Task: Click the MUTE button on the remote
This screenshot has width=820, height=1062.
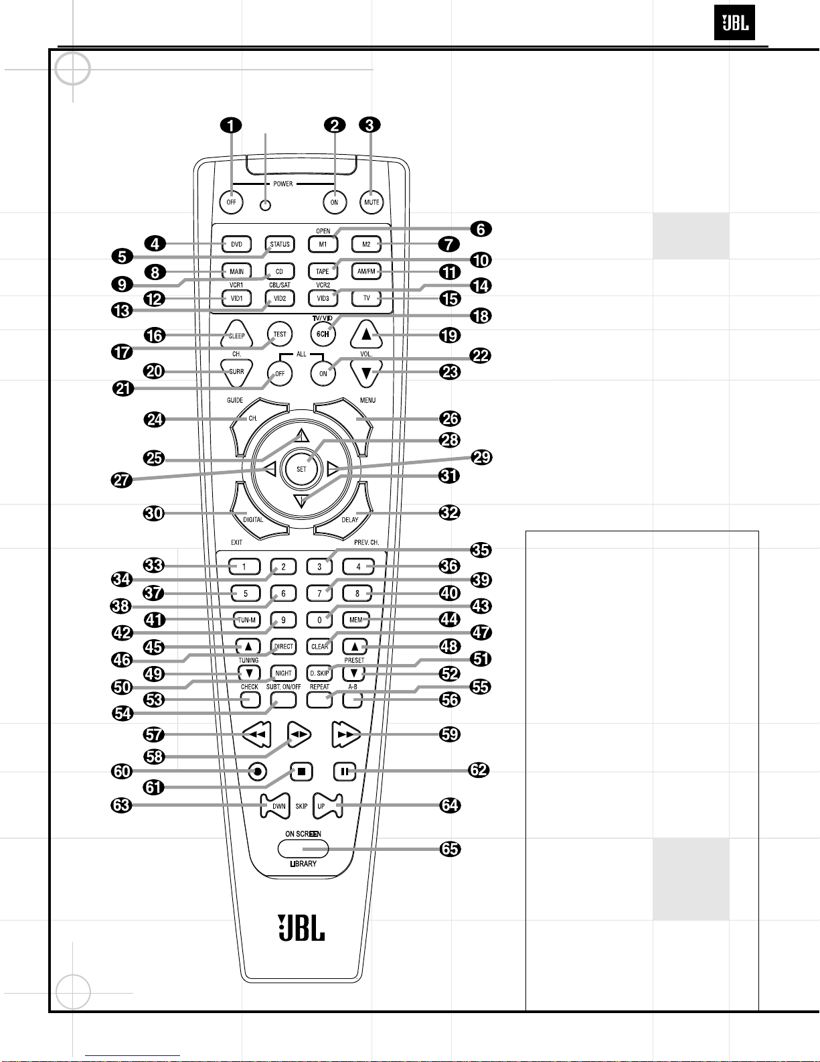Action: [372, 202]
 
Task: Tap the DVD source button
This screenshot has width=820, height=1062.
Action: [237, 244]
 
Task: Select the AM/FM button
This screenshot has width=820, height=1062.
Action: [366, 271]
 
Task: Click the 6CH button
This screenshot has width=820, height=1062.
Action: [323, 334]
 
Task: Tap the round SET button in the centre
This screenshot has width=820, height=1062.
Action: [302, 469]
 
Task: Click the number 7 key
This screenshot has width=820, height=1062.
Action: [319, 593]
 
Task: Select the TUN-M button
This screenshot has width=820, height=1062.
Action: [246, 620]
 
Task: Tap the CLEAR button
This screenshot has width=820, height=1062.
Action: [319, 646]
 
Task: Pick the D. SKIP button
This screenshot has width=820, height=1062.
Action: [319, 673]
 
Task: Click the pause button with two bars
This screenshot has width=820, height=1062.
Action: [345, 772]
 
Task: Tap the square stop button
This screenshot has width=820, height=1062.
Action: [302, 772]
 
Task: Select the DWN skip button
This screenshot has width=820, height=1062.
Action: [276, 806]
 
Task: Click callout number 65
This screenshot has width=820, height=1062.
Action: [450, 849]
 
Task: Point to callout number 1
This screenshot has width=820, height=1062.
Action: [231, 125]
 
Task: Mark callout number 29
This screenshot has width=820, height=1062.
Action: [482, 458]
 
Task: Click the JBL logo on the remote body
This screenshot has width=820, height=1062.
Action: [301, 927]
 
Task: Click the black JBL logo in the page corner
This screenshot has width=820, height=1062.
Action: [734, 23]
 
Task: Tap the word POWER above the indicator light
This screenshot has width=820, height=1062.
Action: [283, 184]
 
